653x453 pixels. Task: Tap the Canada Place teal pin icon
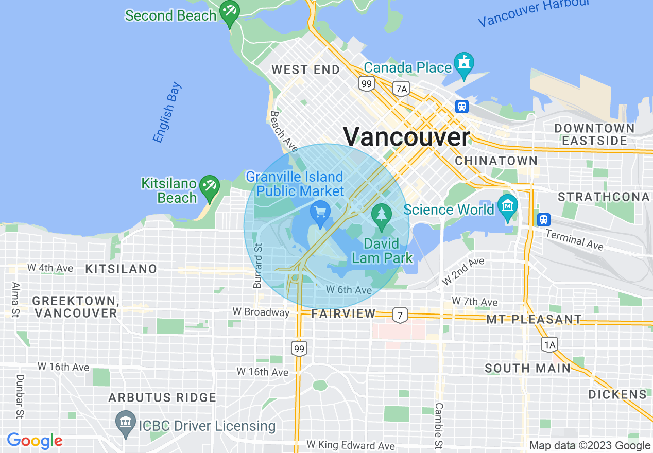click(464, 65)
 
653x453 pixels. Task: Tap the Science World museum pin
click(508, 207)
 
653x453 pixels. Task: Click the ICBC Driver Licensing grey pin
click(126, 424)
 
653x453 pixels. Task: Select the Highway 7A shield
click(401, 89)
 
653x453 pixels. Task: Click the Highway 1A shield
click(549, 344)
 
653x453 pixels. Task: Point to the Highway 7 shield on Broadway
click(399, 314)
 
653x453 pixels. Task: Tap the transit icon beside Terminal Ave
click(543, 220)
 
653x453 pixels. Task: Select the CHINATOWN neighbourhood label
click(496, 161)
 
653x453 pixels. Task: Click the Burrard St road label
click(257, 266)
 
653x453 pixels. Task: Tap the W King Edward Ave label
click(351, 445)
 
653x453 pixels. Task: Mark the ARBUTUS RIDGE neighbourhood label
click(162, 397)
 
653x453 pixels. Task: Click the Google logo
click(35, 441)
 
